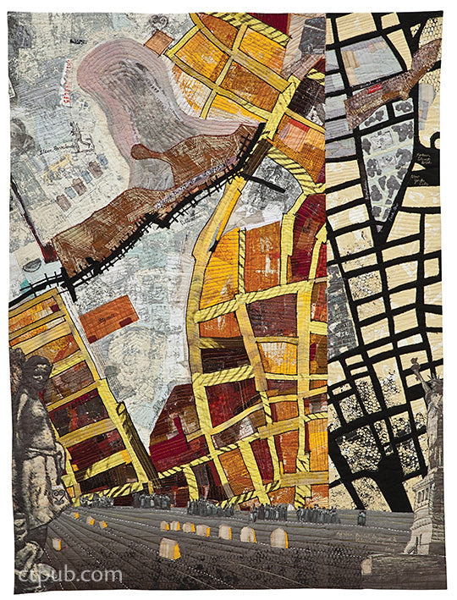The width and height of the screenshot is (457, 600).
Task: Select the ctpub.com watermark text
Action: pos(71,575)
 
